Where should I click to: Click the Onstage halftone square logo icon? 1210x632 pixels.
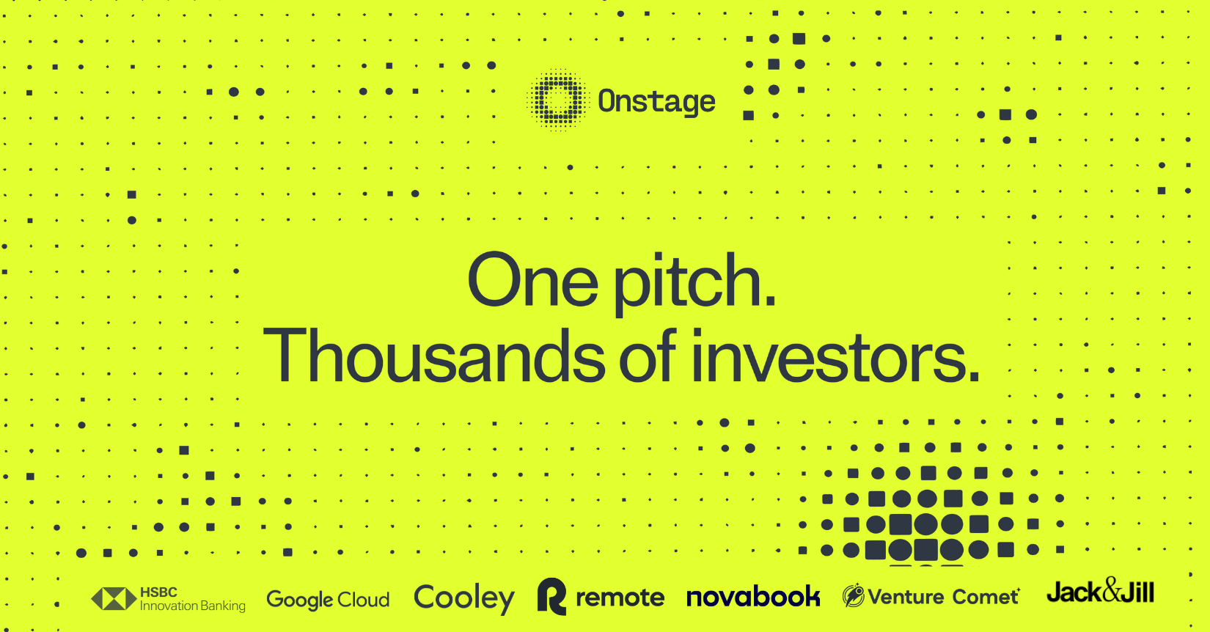(558, 100)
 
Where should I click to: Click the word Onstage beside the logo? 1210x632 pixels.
(656, 101)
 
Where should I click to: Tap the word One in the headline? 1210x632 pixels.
(532, 281)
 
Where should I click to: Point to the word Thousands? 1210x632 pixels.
(433, 356)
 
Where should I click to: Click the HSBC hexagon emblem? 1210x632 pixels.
(114, 599)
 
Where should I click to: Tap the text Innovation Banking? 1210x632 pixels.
(192, 606)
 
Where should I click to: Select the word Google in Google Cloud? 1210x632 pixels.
(300, 600)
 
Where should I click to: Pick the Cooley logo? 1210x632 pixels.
(463, 598)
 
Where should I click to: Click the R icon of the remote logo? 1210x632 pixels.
(551, 596)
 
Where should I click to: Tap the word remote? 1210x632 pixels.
(620, 598)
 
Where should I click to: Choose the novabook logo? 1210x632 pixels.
(752, 597)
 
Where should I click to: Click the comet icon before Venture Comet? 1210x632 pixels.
(853, 596)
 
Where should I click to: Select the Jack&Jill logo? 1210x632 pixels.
(1100, 592)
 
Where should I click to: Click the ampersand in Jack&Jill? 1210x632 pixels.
(1112, 589)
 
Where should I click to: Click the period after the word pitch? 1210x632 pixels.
(769, 301)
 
